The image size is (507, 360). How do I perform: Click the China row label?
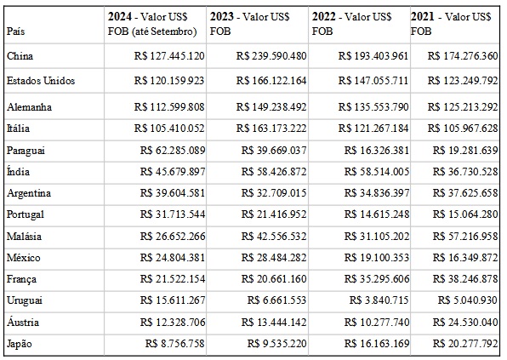click(20, 56)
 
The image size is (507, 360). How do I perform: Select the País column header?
click(15, 31)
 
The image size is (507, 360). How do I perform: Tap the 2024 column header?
click(152, 24)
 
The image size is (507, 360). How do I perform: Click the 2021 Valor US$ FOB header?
click(451, 24)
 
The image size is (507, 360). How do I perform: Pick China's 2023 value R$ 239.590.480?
click(271, 56)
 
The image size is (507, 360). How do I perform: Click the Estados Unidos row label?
click(41, 81)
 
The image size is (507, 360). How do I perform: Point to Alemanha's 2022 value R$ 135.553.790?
click(373, 107)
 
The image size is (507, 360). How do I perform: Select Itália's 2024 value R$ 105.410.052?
click(169, 129)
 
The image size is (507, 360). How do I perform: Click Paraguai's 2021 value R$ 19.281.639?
click(465, 151)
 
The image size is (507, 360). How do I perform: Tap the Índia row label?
click(18, 171)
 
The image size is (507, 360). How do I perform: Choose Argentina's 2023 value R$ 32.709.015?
click(274, 193)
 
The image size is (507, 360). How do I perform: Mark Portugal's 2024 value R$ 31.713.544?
click(173, 214)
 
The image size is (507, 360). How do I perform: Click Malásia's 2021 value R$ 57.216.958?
click(465, 237)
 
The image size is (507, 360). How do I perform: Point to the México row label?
click(24, 258)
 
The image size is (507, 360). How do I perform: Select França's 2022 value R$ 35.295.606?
click(377, 279)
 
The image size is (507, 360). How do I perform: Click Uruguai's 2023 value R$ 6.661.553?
click(276, 300)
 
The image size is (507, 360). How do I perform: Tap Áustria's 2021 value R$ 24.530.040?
click(465, 323)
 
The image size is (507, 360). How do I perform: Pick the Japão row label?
click(20, 344)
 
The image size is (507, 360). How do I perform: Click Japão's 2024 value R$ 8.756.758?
click(175, 344)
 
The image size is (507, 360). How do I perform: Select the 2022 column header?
click(352, 24)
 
